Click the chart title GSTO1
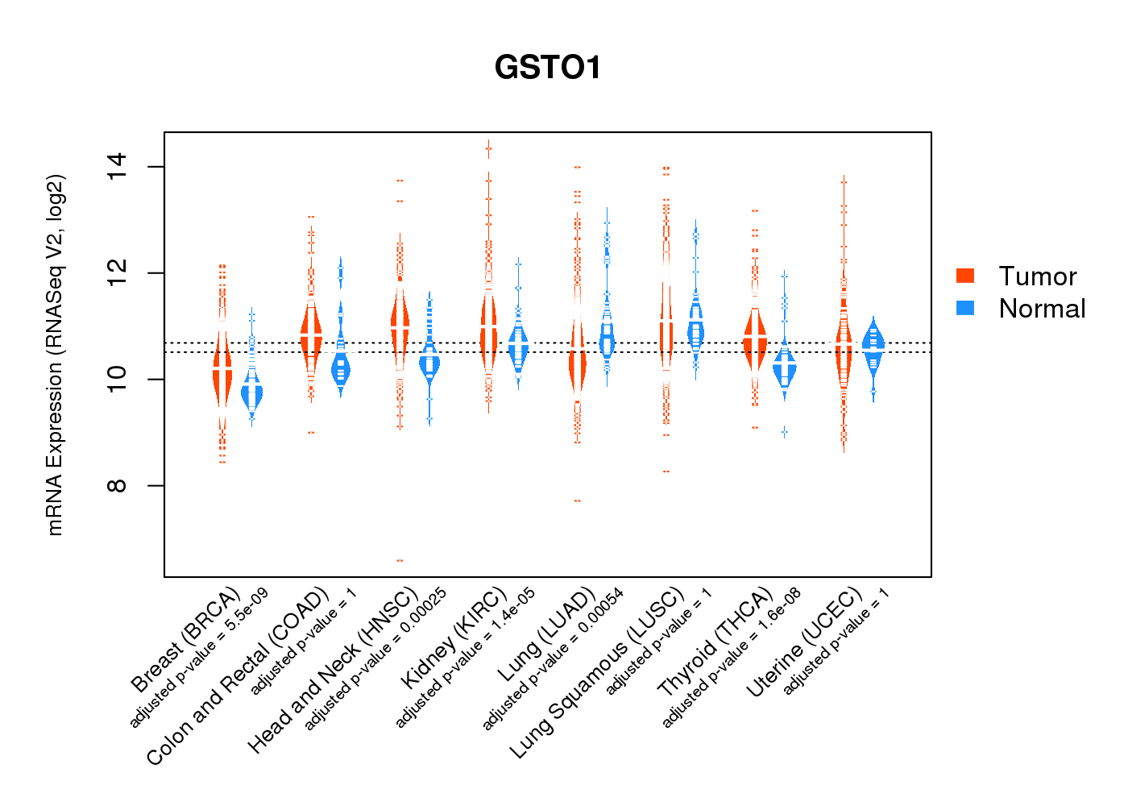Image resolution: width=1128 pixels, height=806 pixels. (x=548, y=68)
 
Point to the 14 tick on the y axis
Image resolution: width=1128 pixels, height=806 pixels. (x=118, y=167)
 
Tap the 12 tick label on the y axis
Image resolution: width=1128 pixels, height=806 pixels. (x=118, y=273)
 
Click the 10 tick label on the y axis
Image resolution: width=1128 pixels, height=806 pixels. (x=118, y=379)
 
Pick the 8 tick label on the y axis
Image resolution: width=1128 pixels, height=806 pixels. (x=118, y=485)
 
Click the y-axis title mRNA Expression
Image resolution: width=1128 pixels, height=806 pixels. (x=55, y=355)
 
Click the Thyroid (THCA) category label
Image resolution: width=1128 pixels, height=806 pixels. (x=715, y=642)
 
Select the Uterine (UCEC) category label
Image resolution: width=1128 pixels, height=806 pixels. (x=804, y=642)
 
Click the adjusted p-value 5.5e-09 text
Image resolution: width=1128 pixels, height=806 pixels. (x=199, y=659)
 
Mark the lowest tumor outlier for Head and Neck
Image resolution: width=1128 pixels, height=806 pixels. (x=400, y=560)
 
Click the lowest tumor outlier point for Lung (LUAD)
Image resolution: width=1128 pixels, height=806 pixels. (x=577, y=501)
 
